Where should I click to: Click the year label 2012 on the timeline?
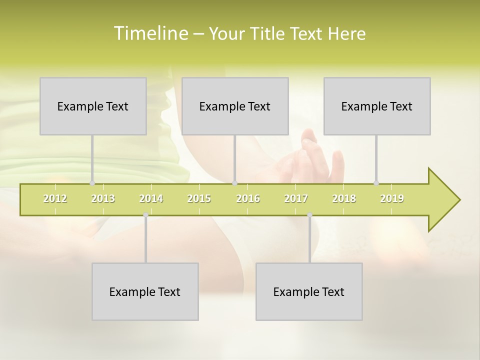coord(55,198)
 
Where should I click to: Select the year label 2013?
coord(103,198)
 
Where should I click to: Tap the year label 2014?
coord(151,198)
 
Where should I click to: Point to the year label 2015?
coord(199,198)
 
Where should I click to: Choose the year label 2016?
coord(248,198)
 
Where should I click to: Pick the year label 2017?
coord(296,198)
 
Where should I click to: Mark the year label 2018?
coord(344,198)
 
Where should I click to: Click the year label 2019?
coord(392,198)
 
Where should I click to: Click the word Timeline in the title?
coord(150,33)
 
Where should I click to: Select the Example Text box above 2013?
coord(93,106)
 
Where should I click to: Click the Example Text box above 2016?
coord(235,106)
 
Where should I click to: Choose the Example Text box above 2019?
coord(377,106)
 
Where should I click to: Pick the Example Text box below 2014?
coord(145,291)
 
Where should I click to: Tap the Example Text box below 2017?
coord(309,291)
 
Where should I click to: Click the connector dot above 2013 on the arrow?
coord(92,183)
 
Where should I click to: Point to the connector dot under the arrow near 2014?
coord(145,215)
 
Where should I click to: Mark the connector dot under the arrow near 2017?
coord(309,215)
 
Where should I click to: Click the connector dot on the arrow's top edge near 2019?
coord(376,183)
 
